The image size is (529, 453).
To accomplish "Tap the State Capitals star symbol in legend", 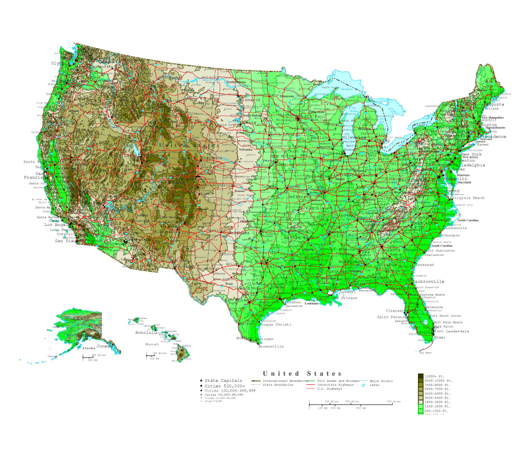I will [201, 381].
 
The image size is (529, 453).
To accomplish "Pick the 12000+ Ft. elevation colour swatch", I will [420, 376].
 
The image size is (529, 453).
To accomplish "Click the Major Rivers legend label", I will [381, 381].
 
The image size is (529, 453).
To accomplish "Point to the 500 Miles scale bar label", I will [394, 401].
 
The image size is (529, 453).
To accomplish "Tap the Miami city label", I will [440, 337].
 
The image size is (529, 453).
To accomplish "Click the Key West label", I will [425, 353].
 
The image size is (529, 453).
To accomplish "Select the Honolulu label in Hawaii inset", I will [146, 333].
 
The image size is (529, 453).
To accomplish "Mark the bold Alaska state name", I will [89, 348].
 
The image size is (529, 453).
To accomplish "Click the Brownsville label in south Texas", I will [271, 347].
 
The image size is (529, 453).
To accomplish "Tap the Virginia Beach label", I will [468, 198].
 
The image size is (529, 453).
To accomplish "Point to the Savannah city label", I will [423, 265].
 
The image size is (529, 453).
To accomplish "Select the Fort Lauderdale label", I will [452, 331].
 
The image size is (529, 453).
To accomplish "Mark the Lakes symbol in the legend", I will [364, 385].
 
